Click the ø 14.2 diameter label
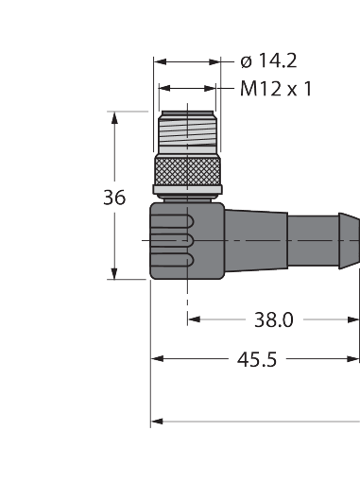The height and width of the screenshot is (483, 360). coord(268,60)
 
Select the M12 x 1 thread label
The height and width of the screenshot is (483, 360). coord(276,89)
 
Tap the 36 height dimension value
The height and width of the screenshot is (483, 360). coord(114,198)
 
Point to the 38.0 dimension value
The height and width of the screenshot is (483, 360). coord(274,319)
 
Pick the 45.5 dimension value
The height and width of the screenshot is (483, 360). coord(257,359)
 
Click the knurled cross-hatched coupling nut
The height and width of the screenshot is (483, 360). coord(187,171)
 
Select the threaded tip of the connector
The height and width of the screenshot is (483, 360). coord(187,131)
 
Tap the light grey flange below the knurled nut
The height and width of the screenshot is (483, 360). coord(187,190)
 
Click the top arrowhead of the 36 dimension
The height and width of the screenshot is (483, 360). coord(114,117)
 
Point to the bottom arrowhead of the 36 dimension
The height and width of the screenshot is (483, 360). coord(114,273)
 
